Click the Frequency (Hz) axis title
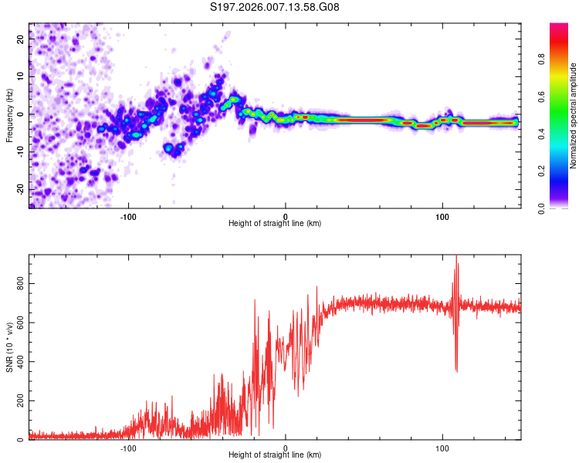pos(9,115)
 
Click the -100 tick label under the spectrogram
pos(128,215)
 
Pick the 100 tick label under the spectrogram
pos(442,215)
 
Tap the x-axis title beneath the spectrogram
pos(275,224)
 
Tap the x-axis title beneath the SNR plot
pos(275,455)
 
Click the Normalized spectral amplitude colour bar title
pos(574,115)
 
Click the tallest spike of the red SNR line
pos(456,257)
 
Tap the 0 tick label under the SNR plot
pos(286,448)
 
